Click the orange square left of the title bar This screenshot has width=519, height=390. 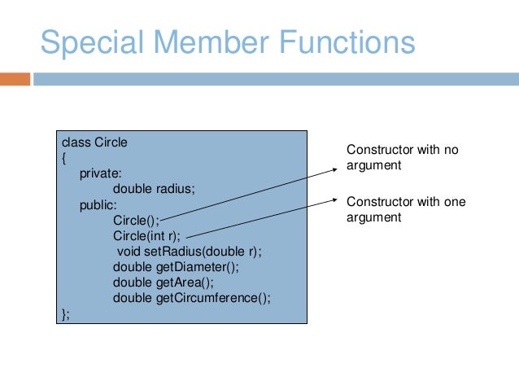15,79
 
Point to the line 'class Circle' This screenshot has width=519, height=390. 94,142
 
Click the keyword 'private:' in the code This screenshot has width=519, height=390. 101,173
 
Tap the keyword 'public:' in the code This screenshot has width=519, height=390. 98,205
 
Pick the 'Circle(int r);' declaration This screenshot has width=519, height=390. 147,236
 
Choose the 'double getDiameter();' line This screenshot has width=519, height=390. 176,267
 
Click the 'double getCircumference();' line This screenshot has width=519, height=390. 191,298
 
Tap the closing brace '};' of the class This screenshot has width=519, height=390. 66,313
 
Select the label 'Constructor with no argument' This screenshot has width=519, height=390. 403,157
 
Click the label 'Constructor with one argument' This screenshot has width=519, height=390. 406,209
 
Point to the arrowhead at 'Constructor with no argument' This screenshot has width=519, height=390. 335,168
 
